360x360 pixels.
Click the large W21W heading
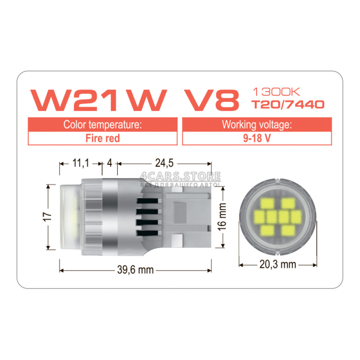click(99, 100)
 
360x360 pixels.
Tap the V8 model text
click(212, 100)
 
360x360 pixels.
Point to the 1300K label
click(276, 92)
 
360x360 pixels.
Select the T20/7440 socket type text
click(288, 104)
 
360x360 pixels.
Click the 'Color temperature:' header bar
click(103, 125)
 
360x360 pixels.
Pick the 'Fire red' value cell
click(103, 138)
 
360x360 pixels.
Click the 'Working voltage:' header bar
click(257, 125)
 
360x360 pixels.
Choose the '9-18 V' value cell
click(257, 138)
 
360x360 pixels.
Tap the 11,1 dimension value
click(81, 163)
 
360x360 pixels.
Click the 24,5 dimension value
click(165, 163)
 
